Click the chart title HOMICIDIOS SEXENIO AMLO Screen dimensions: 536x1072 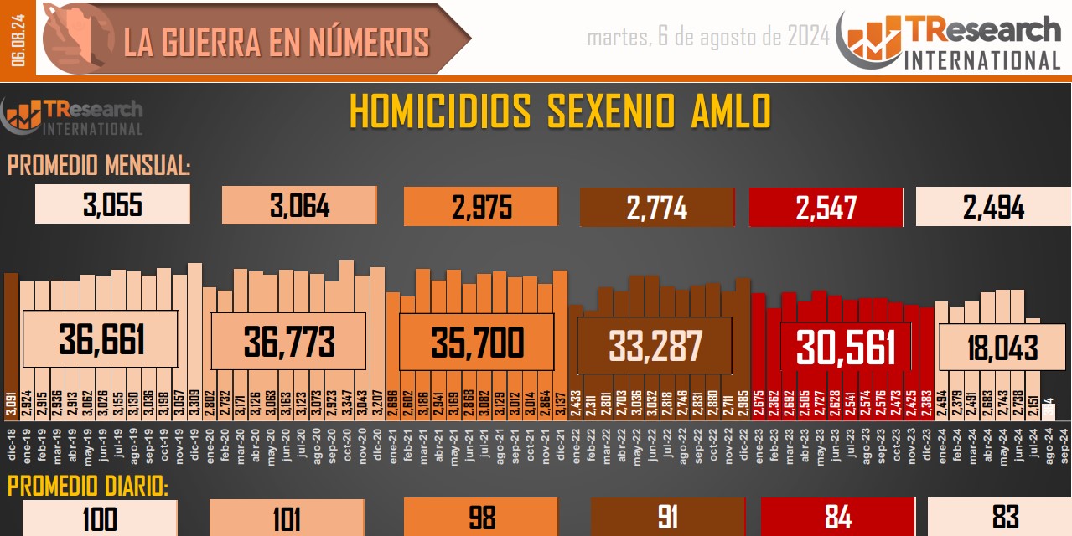pyautogui.click(x=559, y=112)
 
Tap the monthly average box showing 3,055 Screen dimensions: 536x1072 pyautogui.click(x=112, y=205)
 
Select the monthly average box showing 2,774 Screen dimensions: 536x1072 pyautogui.click(x=656, y=207)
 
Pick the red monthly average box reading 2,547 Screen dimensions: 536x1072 pyautogui.click(x=826, y=207)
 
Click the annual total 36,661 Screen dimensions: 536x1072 pyautogui.click(x=101, y=339)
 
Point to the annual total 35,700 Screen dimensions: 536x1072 pyautogui.click(x=476, y=342)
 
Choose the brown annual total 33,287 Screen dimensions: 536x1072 pyautogui.click(x=655, y=345)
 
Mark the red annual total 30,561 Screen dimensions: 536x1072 pyautogui.click(x=845, y=347)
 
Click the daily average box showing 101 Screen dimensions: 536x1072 pyautogui.click(x=286, y=518)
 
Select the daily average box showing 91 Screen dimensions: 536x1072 pyautogui.click(x=667, y=518)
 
